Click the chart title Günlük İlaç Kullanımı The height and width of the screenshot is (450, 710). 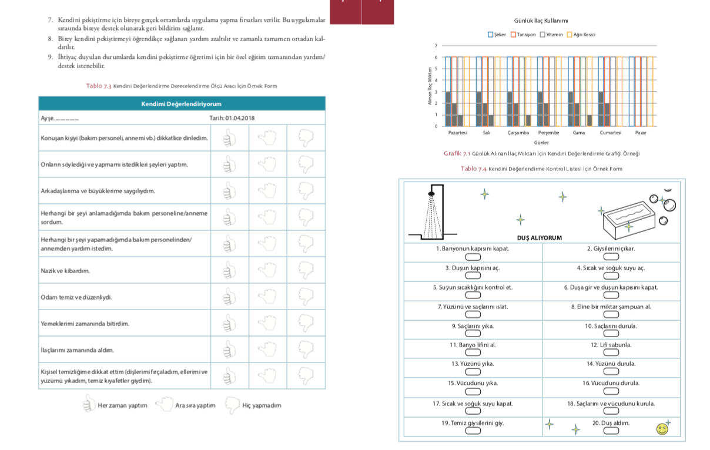(x=541, y=21)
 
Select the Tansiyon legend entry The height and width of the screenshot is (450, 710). (x=523, y=35)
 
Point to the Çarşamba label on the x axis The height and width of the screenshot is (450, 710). (x=517, y=133)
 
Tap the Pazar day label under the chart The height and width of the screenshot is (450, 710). (x=641, y=133)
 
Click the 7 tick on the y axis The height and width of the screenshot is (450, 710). (x=436, y=46)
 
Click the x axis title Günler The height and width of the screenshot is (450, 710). (x=541, y=142)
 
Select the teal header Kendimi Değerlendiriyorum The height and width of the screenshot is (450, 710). (x=182, y=104)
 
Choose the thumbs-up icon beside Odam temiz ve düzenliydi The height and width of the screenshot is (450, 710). (x=229, y=297)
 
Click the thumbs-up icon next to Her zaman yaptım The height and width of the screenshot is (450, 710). (x=89, y=404)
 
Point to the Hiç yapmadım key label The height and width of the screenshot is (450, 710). (x=262, y=405)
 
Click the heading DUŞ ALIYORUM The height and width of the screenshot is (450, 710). (x=539, y=238)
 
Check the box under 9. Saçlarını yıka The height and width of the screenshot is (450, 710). (x=473, y=334)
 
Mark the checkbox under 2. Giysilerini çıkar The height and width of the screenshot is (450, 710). (x=611, y=257)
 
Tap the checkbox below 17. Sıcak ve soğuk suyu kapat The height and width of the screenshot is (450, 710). (x=473, y=411)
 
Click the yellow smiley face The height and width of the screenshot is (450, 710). (x=662, y=429)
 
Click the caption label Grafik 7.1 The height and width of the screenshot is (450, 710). (x=457, y=153)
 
